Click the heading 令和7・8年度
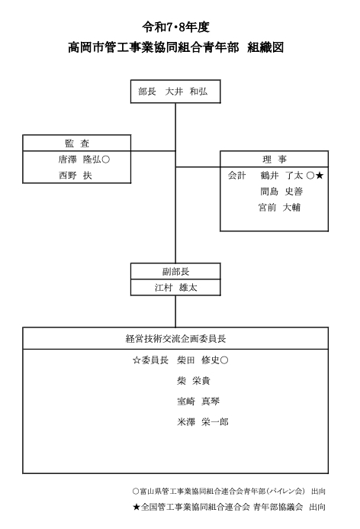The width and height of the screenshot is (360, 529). pos(175,27)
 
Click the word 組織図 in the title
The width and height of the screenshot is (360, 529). pos(265,47)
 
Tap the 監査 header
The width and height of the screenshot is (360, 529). pos(77,144)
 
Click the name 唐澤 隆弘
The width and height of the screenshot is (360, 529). pos(79,160)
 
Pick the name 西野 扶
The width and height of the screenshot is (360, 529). pos(76,176)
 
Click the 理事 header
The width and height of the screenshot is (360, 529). pos(275,160)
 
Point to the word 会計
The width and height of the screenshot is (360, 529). pos(237,176)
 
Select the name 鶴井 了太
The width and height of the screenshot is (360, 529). pos(281,176)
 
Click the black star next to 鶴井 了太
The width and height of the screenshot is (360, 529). pos(320,176)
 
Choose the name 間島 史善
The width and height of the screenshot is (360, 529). pos(281,192)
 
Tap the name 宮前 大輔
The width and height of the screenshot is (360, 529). pos(279,207)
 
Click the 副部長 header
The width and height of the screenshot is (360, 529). pos(175,272)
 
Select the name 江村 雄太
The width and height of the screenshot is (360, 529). pos(175,288)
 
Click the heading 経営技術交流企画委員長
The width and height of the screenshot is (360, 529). pos(175,338)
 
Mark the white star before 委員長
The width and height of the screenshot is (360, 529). pos(137,360)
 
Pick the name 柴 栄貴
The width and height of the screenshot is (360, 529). pos(194,381)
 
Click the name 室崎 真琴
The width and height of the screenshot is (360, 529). pos(198,401)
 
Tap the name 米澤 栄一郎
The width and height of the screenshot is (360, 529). pos(203,421)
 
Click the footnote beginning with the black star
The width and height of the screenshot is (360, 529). pos(230,507)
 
